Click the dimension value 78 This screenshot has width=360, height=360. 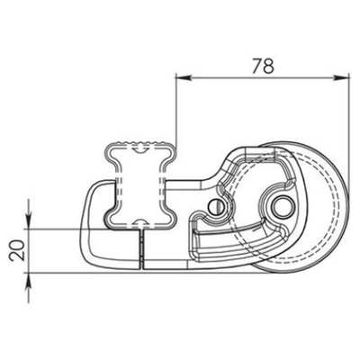tap(263, 65)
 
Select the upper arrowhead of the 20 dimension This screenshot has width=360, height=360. tap(30, 221)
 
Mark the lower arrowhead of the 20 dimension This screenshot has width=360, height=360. tap(30, 276)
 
